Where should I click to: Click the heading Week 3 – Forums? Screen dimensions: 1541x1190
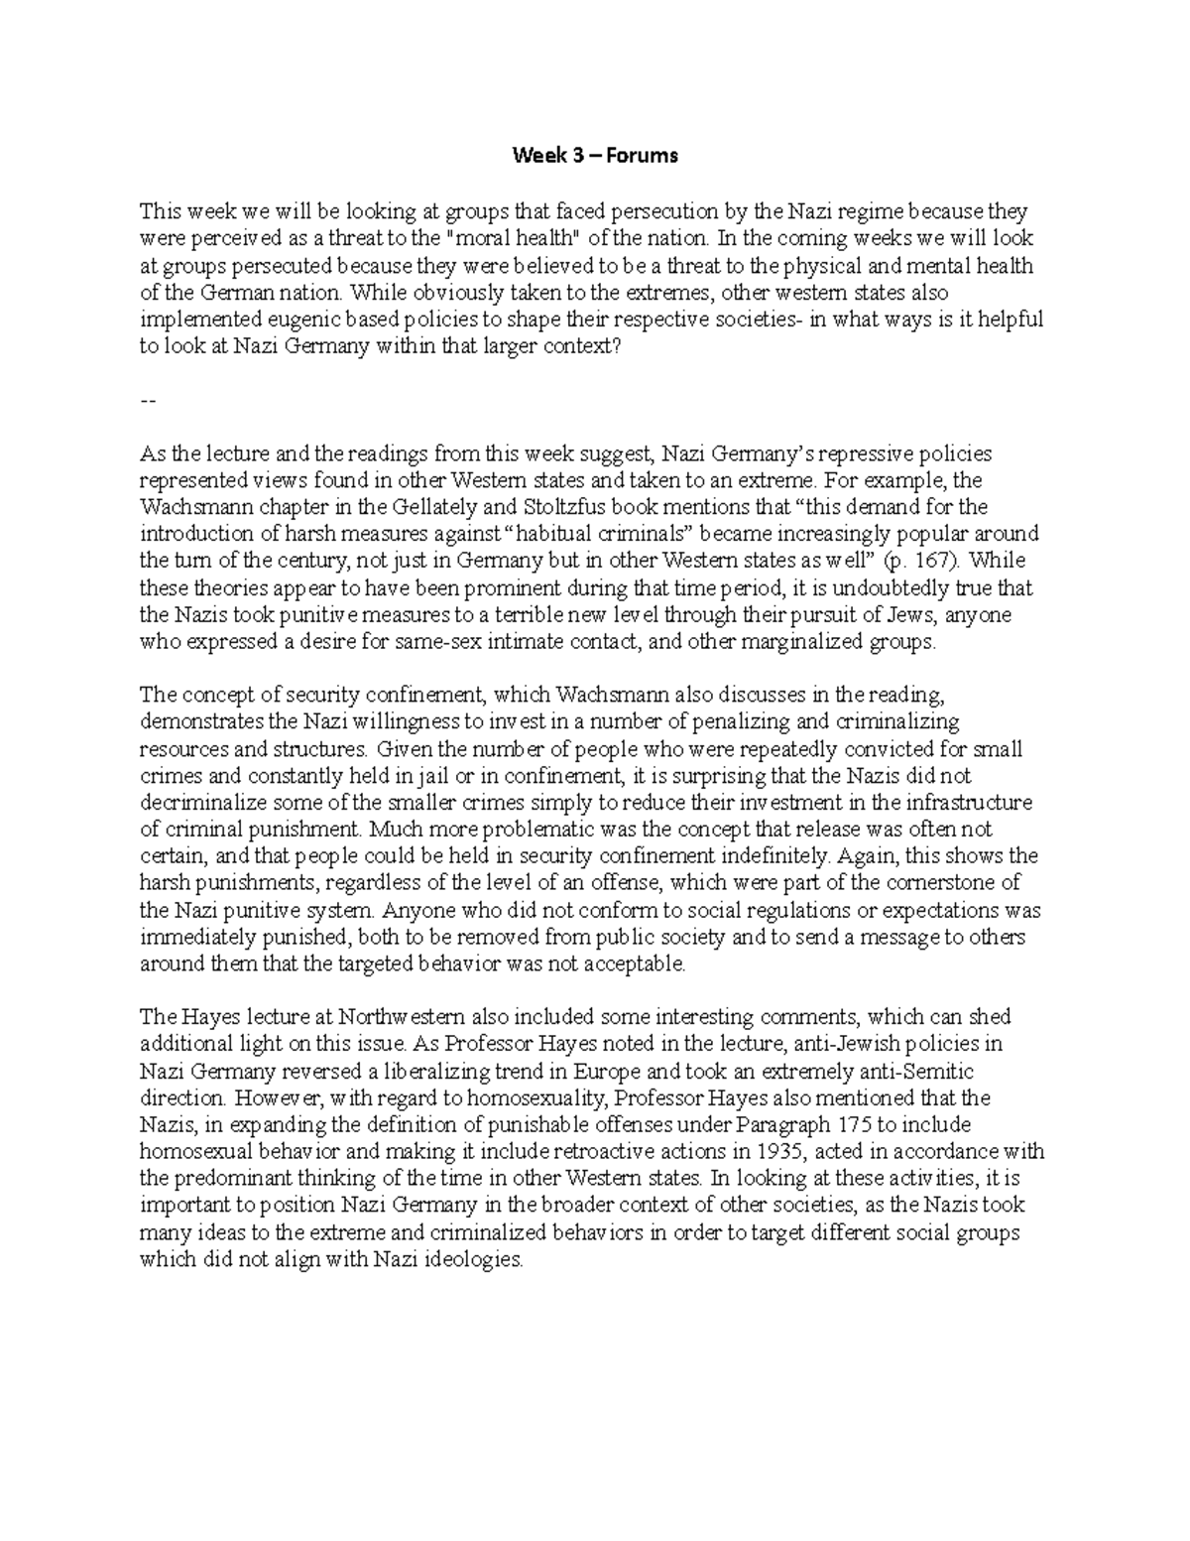(x=595, y=155)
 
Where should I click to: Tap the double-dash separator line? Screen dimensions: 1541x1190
(x=149, y=401)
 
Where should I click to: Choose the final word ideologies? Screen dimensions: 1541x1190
(x=475, y=1260)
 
